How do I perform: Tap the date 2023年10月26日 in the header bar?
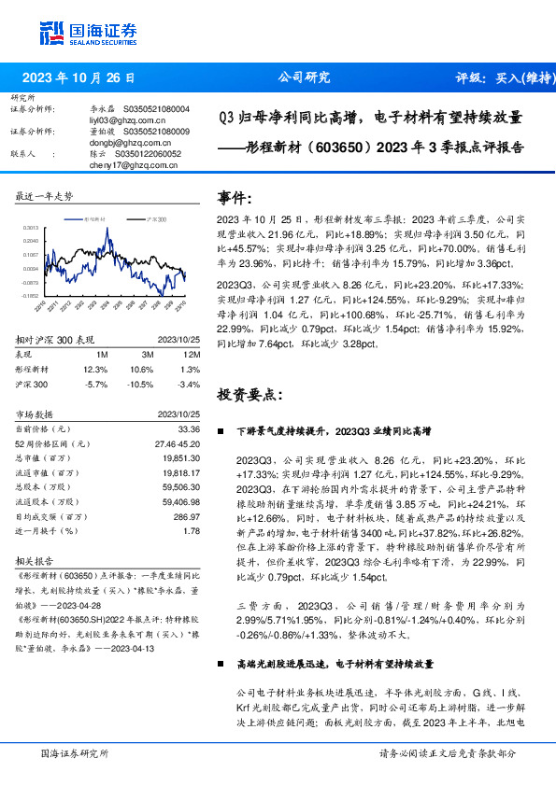coord(78,77)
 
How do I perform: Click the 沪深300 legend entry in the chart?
coord(154,218)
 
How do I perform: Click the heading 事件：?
coord(235,198)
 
